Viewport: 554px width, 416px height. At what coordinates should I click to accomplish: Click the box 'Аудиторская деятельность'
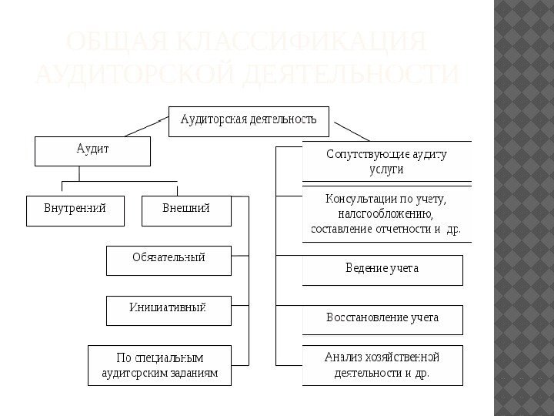[248, 120]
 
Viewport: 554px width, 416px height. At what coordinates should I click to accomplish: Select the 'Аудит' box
[92, 150]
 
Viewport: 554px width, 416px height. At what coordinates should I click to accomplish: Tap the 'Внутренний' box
[75, 210]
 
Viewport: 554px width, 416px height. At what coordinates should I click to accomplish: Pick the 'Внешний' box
[186, 210]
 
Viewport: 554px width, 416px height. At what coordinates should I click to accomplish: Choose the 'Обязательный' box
[168, 260]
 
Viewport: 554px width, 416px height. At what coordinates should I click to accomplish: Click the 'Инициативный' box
[168, 310]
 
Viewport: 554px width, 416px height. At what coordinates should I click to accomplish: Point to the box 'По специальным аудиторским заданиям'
[160, 366]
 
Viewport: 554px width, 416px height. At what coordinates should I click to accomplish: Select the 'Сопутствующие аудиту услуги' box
[386, 161]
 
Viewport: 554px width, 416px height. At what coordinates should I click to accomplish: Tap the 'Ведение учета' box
[382, 270]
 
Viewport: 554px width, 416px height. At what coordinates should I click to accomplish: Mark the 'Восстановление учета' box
[382, 319]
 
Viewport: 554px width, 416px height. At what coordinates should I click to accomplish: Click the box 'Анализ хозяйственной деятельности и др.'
[382, 365]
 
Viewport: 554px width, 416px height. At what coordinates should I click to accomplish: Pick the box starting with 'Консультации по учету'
[386, 213]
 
